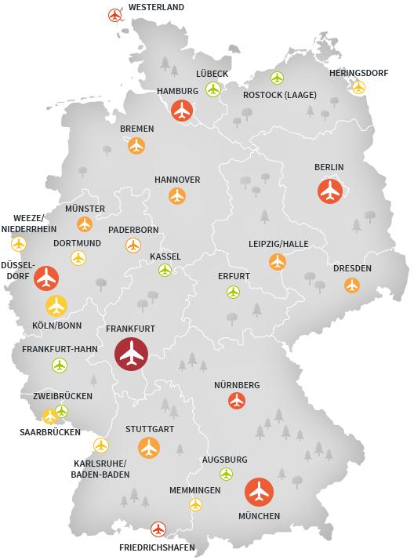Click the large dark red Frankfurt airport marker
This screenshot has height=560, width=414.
pyautogui.click(x=132, y=354)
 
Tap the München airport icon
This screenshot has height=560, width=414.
pyautogui.click(x=259, y=492)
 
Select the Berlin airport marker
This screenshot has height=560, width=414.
pyautogui.click(x=330, y=191)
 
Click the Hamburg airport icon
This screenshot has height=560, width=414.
pyautogui.click(x=183, y=111)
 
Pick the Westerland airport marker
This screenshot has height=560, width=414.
pyautogui.click(x=115, y=15)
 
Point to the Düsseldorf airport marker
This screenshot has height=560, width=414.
pyautogui.click(x=47, y=278)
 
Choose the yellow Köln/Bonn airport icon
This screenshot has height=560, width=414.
pyautogui.click(x=56, y=304)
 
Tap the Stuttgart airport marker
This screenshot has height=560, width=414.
pyautogui.click(x=149, y=448)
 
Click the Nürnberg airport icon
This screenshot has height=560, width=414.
pyautogui.click(x=237, y=401)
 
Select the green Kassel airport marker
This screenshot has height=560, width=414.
pyautogui.click(x=165, y=271)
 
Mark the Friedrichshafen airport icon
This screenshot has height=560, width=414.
pyautogui.click(x=158, y=529)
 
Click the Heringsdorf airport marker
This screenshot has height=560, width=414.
pyautogui.click(x=358, y=87)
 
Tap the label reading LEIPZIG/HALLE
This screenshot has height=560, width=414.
pyautogui.click(x=278, y=244)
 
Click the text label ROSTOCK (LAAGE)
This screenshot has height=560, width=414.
pyautogui.click(x=280, y=95)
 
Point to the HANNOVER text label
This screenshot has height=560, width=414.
pyautogui.click(x=177, y=180)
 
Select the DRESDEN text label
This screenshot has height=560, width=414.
pyautogui.click(x=352, y=268)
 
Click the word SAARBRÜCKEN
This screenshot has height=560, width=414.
pyautogui.click(x=50, y=432)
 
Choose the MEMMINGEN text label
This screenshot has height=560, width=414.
pyautogui.click(x=194, y=490)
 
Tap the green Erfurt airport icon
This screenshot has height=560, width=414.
pyautogui.click(x=233, y=293)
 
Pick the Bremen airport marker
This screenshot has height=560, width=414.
pyautogui.click(x=136, y=145)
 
